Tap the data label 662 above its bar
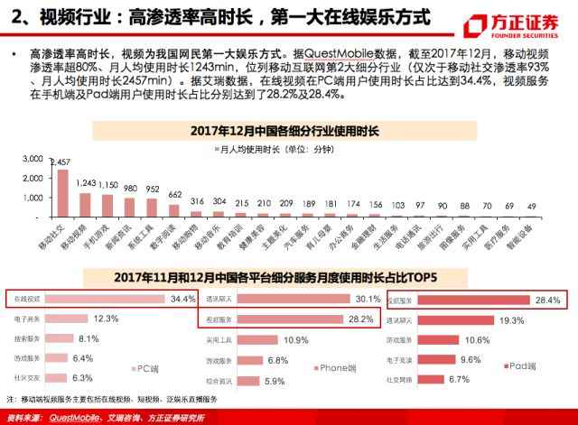[174, 194]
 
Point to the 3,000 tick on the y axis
[33, 158]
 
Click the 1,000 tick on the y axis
[33, 197]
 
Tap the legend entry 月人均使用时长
[271, 147]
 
